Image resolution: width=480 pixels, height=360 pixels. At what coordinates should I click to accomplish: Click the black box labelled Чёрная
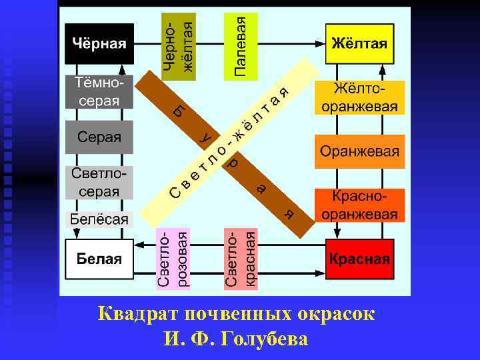[x=99, y=44]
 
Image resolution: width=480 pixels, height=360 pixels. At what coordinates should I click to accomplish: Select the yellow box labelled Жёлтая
[x=359, y=44]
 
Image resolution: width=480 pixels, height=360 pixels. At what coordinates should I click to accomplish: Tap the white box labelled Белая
[x=99, y=259]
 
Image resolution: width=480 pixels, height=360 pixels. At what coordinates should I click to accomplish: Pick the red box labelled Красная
[x=359, y=259]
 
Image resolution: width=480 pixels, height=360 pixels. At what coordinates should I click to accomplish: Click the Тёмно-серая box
[x=99, y=92]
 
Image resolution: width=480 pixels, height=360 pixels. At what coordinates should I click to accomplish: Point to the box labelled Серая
[x=99, y=137]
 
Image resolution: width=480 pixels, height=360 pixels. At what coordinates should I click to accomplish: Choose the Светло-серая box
[x=99, y=183]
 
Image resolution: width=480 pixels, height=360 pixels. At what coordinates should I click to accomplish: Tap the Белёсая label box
[x=99, y=219]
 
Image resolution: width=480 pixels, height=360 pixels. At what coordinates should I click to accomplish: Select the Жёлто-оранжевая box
[x=359, y=97]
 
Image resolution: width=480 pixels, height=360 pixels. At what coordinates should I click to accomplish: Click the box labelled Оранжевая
[x=359, y=151]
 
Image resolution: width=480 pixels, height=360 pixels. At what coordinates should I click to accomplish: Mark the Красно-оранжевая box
[x=359, y=205]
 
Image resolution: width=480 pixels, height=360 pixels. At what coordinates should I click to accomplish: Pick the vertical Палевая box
[x=240, y=45]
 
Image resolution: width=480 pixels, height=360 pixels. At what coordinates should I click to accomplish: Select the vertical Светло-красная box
[x=240, y=259]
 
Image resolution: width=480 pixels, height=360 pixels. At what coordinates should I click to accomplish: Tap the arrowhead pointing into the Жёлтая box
[x=322, y=44]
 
